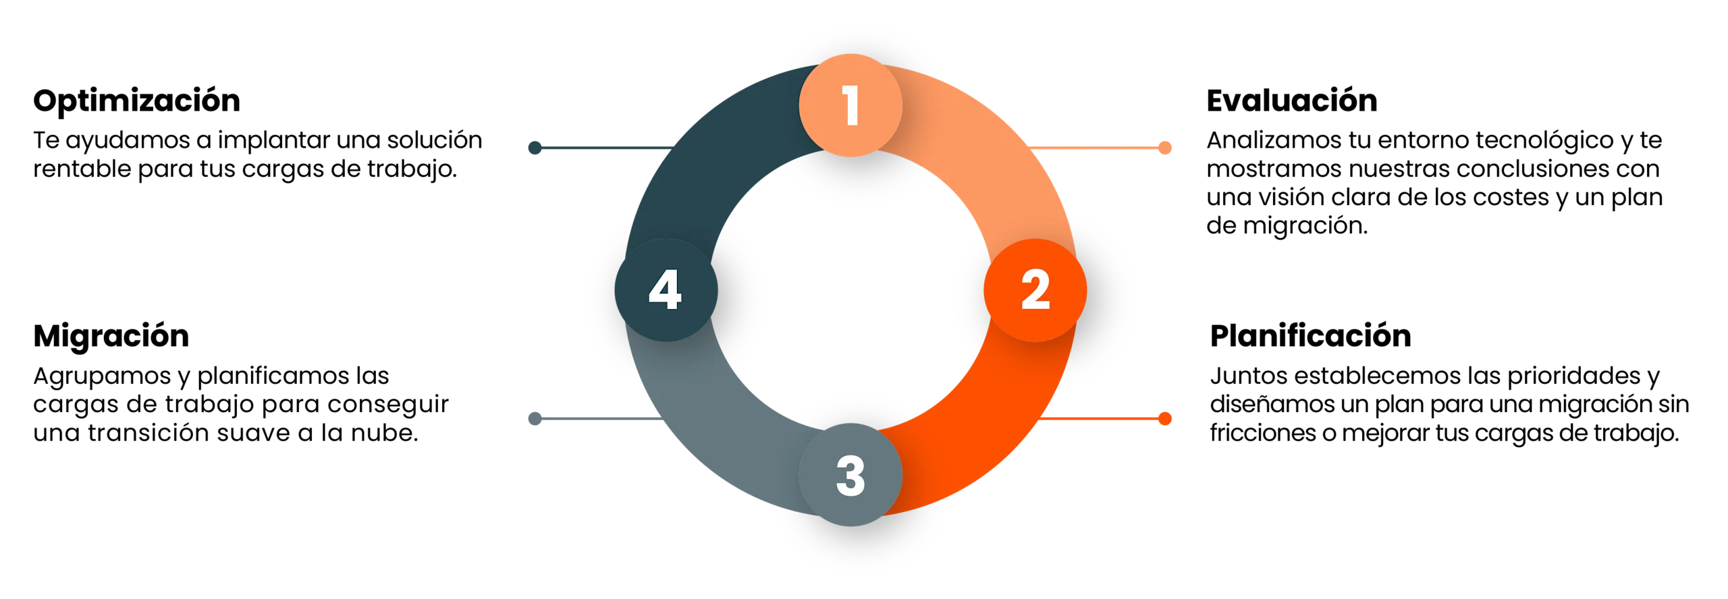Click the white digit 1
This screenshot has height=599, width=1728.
pyautogui.click(x=851, y=106)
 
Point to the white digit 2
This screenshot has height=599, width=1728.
pyautogui.click(x=1035, y=291)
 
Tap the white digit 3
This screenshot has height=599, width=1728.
pyautogui.click(x=850, y=476)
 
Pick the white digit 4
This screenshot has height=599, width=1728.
pyautogui.click(x=665, y=291)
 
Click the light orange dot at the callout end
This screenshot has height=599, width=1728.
pyautogui.click(x=1164, y=148)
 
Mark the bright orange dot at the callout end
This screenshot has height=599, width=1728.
pyautogui.click(x=1164, y=419)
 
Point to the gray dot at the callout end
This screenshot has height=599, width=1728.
pyautogui.click(x=535, y=419)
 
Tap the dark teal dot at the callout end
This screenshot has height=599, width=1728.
pyautogui.click(x=535, y=148)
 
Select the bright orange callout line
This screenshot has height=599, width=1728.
pyautogui.click(x=1100, y=419)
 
